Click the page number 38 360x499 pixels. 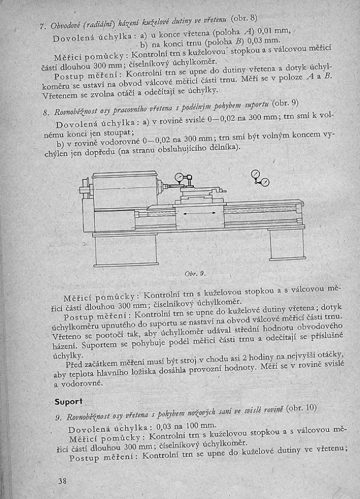coord(63,481)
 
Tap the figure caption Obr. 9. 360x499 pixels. coord(195,273)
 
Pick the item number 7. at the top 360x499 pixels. coord(43,26)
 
